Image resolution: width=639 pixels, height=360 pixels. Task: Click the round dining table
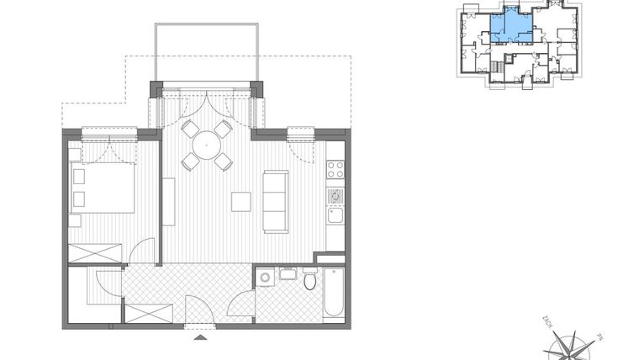click(206, 146)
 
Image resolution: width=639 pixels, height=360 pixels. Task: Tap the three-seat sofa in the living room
click(275, 201)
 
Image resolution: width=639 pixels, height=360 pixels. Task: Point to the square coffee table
click(241, 202)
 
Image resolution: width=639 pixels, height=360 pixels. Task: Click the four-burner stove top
click(335, 169)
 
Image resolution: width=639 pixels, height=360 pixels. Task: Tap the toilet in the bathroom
click(309, 280)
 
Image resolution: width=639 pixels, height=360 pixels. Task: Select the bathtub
click(333, 292)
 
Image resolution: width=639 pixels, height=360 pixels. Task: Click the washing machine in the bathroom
click(265, 277)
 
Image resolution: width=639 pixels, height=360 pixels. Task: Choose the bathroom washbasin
click(287, 273)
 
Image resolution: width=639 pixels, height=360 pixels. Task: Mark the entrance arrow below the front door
click(200, 337)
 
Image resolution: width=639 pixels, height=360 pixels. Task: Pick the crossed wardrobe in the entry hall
click(148, 313)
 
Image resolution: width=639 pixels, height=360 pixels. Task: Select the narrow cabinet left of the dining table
click(168, 201)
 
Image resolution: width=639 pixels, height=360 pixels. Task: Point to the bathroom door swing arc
click(242, 303)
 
